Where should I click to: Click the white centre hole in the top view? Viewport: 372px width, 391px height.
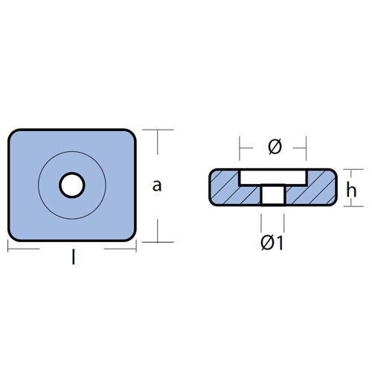tap(72, 185)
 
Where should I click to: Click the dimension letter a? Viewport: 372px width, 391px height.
tap(157, 185)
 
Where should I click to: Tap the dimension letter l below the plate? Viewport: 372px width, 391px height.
tap(73, 258)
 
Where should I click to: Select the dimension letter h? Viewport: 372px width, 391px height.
tap(351, 190)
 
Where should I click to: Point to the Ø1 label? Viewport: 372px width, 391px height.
tap(272, 243)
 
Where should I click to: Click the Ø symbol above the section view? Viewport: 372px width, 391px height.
tap(275, 147)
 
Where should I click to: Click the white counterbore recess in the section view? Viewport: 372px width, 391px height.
tap(273, 177)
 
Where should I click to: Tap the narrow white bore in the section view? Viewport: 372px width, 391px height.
tap(273, 195)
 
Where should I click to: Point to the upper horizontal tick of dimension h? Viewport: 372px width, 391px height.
tap(353, 169)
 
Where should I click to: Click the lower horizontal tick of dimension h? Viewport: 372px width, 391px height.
tap(353, 206)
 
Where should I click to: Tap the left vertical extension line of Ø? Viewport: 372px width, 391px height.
tap(240, 148)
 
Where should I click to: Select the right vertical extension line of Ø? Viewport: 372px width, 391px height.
tap(306, 148)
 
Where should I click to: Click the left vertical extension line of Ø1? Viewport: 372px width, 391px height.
tap(261, 223)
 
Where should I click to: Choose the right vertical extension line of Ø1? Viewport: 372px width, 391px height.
tap(284, 223)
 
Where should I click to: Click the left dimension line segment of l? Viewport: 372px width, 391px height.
tap(24, 249)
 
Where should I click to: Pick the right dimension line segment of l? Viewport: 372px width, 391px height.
tap(120, 249)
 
